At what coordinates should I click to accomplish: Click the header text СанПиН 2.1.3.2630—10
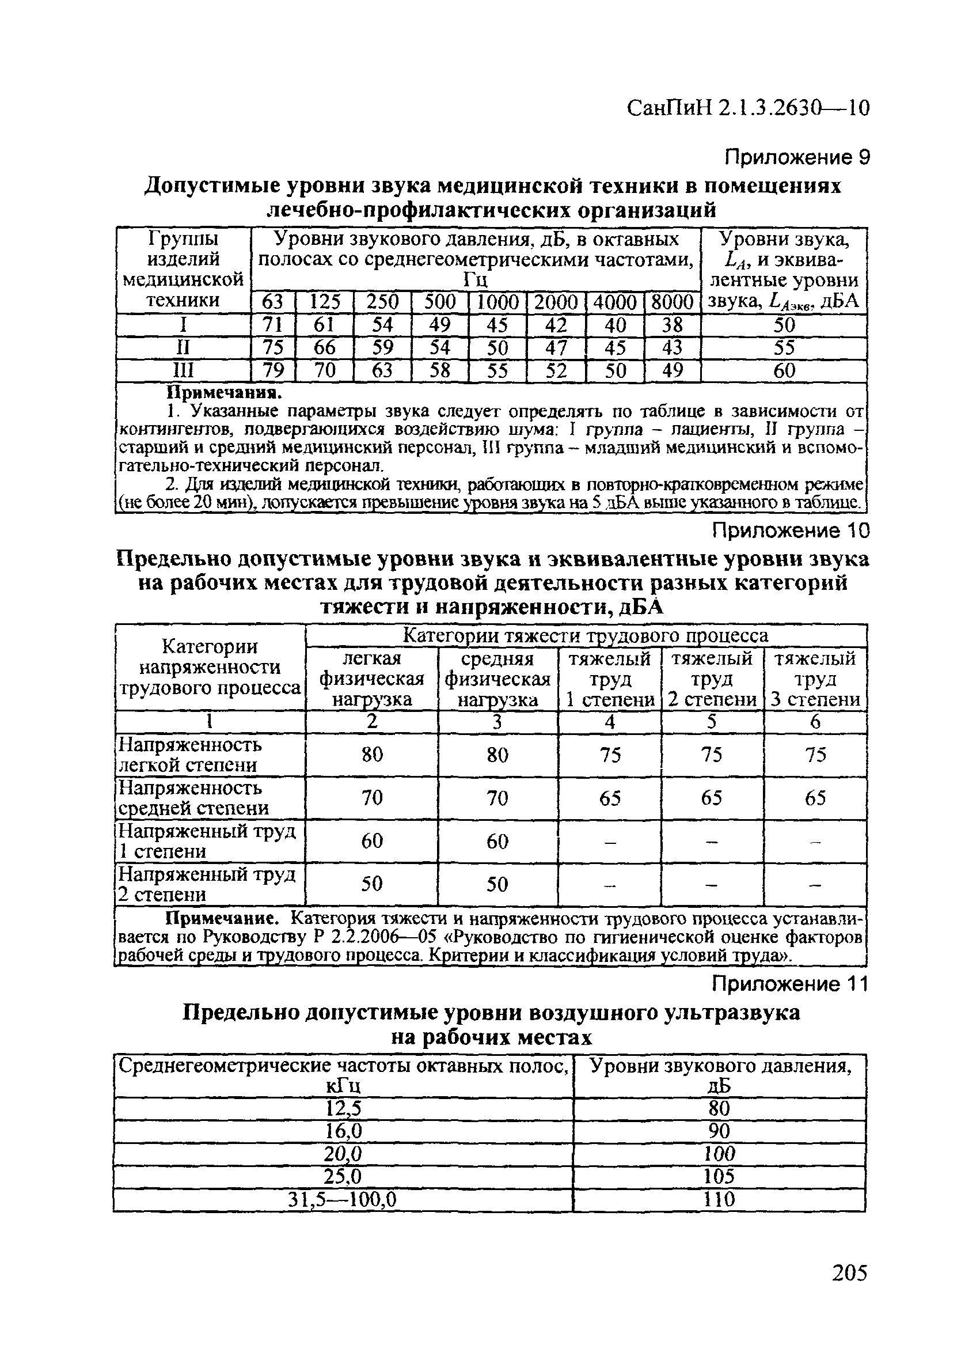[x=747, y=108]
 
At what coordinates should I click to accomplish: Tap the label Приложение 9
[x=796, y=158]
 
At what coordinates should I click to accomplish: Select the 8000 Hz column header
[x=672, y=302]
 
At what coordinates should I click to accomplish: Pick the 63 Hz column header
[x=272, y=302]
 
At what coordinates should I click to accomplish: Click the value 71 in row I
[x=272, y=325]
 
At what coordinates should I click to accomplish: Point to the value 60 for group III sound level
[x=784, y=371]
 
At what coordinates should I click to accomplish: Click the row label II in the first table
[x=184, y=348]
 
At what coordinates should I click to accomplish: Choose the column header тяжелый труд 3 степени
[x=815, y=679]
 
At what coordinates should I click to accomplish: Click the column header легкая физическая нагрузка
[x=372, y=679]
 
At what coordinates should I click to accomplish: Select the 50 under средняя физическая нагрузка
[x=497, y=884]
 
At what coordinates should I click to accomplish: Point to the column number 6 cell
[x=815, y=722]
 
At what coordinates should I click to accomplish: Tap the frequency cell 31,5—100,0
[x=343, y=1200]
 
